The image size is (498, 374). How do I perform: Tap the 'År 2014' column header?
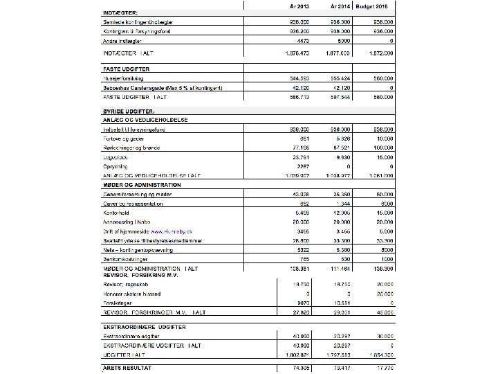click(339, 6)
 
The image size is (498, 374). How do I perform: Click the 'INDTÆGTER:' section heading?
click(120, 12)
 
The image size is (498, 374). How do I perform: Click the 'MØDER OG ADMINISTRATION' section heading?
click(142, 185)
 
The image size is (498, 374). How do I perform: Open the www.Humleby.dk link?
click(174, 230)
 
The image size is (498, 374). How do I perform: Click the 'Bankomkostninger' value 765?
click(302, 258)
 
